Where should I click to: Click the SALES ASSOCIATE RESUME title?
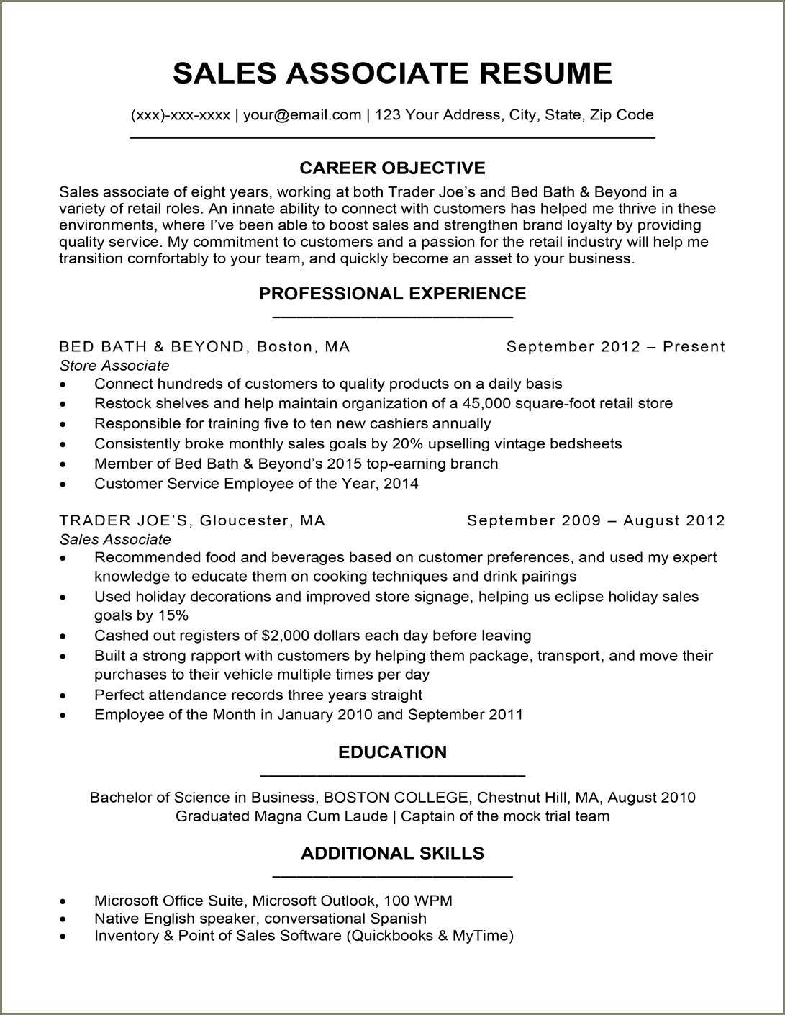point(392,73)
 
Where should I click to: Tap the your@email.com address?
point(301,115)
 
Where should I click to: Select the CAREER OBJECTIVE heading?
point(392,168)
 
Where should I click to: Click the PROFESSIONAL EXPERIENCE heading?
point(392,294)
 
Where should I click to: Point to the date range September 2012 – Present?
point(615,347)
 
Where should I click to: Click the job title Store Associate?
point(114,366)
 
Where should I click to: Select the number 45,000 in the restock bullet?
point(486,404)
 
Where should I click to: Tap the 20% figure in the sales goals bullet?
point(409,444)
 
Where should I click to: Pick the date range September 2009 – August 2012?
point(596,520)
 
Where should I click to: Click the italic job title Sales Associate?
point(115,540)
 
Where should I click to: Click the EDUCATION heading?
point(392,752)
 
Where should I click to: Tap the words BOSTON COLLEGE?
point(396,798)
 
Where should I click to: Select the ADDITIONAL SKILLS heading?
point(392,854)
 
